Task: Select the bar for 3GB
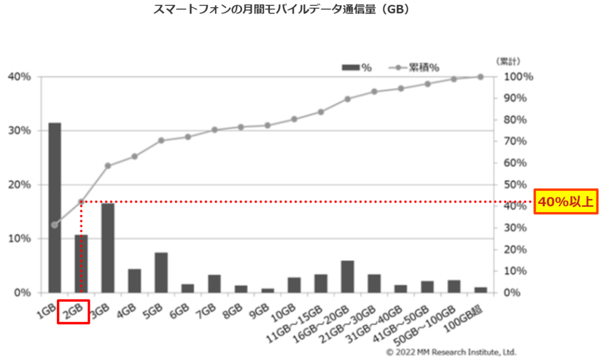(107, 247)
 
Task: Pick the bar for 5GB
(161, 272)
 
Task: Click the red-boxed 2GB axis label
(73, 312)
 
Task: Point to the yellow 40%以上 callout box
(566, 202)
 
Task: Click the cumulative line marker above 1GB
(55, 225)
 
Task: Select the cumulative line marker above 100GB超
(480, 76)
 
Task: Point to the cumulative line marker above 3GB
(107, 166)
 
